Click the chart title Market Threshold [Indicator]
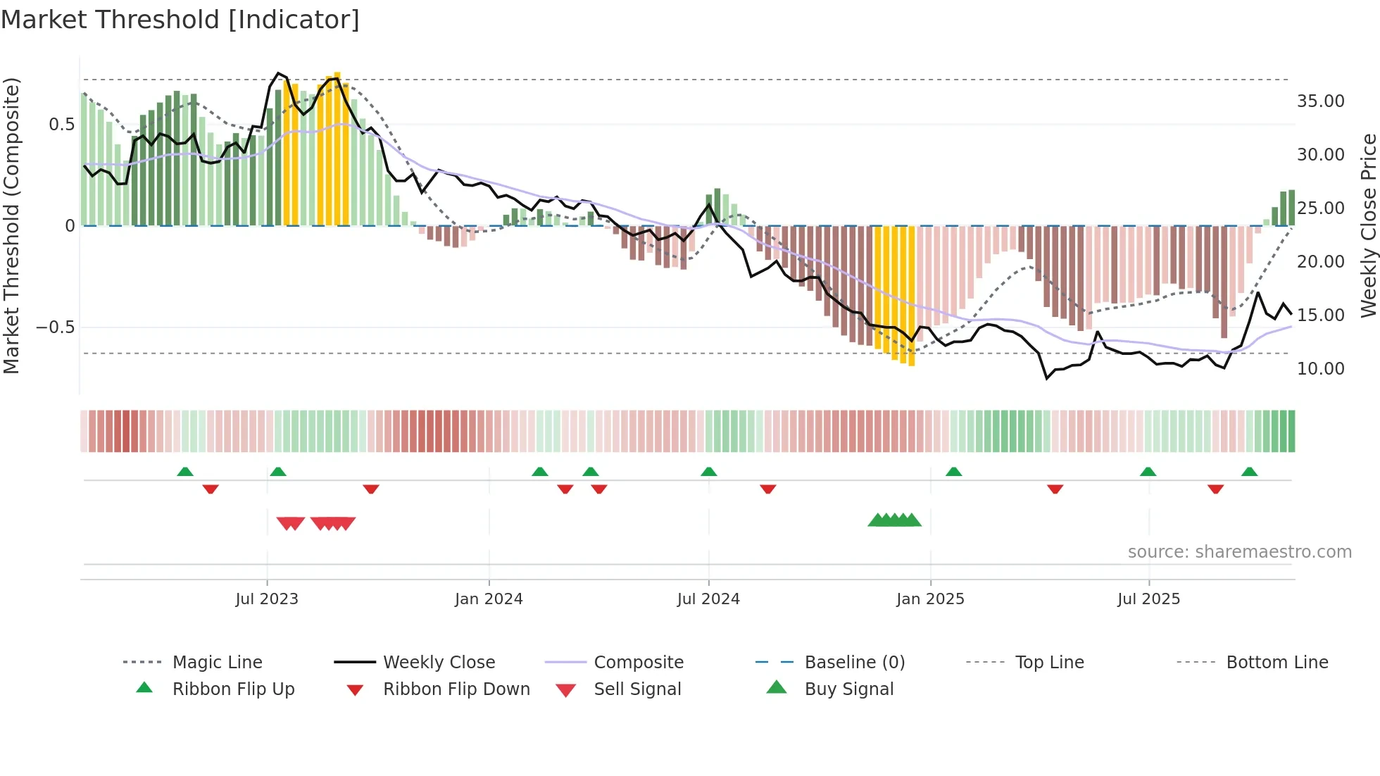click(x=180, y=20)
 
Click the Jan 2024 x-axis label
click(x=489, y=599)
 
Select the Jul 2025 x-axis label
click(x=1148, y=599)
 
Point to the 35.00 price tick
click(x=1320, y=101)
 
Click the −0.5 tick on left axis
click(x=55, y=327)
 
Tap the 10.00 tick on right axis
click(x=1320, y=369)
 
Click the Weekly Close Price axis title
click(x=1368, y=225)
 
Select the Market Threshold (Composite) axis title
click(x=11, y=225)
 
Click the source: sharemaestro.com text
click(x=1239, y=552)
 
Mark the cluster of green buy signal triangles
click(x=894, y=520)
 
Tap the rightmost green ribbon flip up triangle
click(x=1249, y=472)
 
